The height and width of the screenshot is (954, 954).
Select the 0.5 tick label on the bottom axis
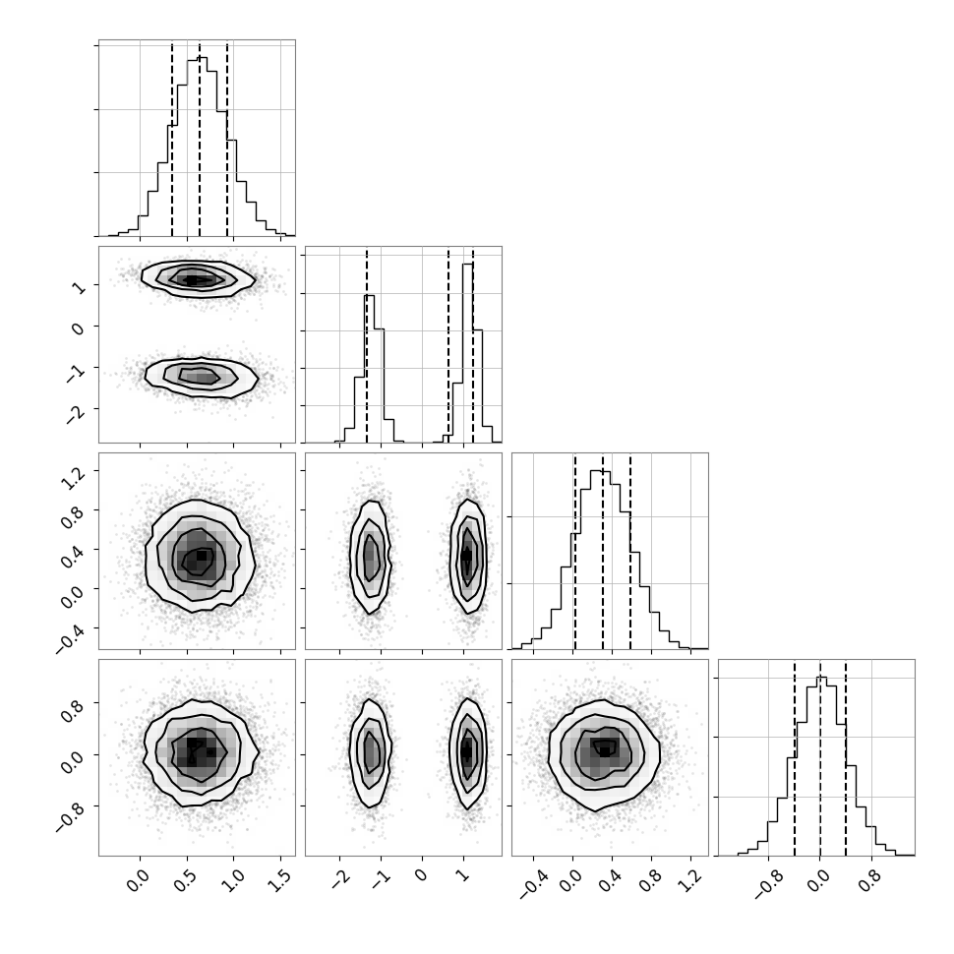click(x=186, y=880)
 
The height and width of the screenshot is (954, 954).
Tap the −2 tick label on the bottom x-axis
click(x=340, y=879)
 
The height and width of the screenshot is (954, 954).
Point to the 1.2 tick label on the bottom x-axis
click(x=690, y=880)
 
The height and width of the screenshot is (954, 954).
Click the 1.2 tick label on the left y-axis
click(x=72, y=479)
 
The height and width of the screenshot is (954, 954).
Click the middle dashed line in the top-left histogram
click(x=200, y=140)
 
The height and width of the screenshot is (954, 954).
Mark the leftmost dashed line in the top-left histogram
click(x=172, y=140)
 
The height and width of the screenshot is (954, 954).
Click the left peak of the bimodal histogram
click(x=370, y=296)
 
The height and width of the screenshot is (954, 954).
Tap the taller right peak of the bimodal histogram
click(x=468, y=264)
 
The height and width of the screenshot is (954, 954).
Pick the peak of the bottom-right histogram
click(x=821, y=678)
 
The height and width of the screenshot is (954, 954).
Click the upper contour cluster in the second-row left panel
click(x=199, y=278)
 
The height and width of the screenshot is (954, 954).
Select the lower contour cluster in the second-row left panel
click(x=202, y=378)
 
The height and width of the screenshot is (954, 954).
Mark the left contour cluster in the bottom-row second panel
click(x=371, y=753)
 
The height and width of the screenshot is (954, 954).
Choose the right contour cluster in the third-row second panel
click(x=468, y=556)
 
